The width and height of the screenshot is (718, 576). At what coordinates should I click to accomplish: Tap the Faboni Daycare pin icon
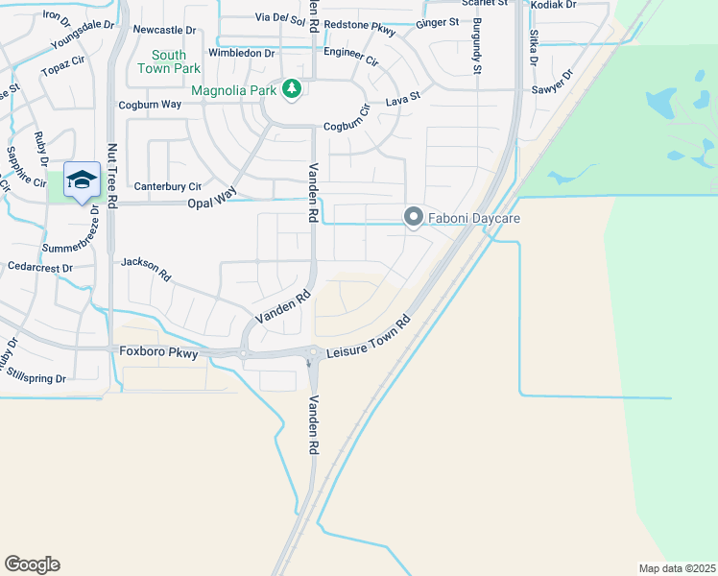(414, 218)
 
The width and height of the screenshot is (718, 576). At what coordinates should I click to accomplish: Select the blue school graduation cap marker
(83, 180)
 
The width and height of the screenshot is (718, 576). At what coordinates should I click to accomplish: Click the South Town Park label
(169, 62)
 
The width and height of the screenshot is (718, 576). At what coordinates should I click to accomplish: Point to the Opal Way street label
(212, 195)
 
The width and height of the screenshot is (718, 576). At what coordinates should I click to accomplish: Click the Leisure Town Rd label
(369, 337)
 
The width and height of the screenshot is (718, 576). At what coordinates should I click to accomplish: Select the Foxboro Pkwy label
(158, 352)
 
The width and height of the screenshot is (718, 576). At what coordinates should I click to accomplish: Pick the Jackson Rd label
(146, 268)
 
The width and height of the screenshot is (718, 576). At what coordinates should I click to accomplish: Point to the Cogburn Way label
(150, 104)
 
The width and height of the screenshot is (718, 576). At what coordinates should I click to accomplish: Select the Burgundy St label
(475, 49)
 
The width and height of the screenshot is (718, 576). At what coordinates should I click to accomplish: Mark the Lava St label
(402, 98)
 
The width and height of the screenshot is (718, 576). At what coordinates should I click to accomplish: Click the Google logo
(32, 564)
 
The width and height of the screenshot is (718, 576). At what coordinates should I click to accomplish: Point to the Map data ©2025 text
(677, 568)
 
